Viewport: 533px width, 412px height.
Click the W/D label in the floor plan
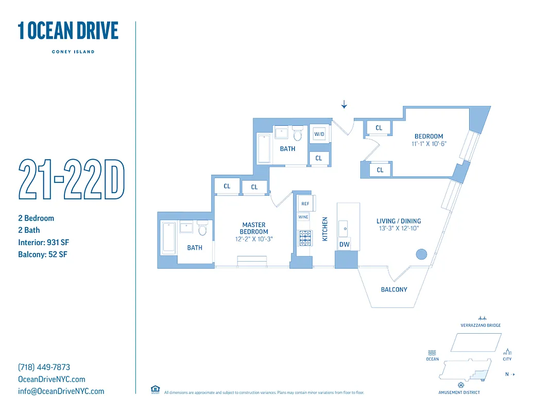[x=319, y=134]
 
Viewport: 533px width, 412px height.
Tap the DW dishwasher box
[x=343, y=245]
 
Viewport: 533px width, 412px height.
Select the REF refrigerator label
[x=305, y=204]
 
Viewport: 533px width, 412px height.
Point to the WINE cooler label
[x=303, y=217]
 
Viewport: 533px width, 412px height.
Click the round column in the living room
[x=421, y=254]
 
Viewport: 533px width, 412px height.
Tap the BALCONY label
[x=394, y=289]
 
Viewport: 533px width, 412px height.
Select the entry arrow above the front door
[x=344, y=105]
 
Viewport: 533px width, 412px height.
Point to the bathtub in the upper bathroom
[x=263, y=148]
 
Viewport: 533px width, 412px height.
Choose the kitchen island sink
[x=343, y=226]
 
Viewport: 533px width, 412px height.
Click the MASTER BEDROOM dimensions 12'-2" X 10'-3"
[x=254, y=239]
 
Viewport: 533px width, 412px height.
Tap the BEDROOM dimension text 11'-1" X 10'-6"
[x=429, y=144]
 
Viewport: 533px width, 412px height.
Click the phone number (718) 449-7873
[x=44, y=367]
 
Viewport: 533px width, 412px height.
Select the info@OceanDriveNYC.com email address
[x=61, y=391]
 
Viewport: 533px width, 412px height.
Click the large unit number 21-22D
[x=72, y=180]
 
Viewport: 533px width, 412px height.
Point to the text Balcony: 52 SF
[x=43, y=254]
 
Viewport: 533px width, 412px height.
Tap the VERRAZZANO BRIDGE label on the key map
[x=480, y=325]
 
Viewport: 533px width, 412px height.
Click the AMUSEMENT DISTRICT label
[x=459, y=392]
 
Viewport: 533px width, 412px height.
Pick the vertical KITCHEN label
[x=325, y=229]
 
